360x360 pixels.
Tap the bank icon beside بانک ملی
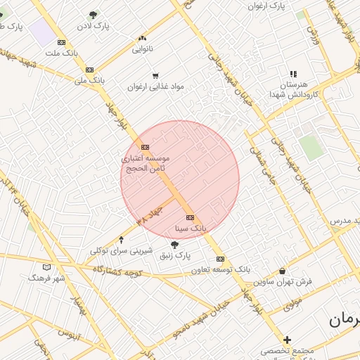[x=89, y=70]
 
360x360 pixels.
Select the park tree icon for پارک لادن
[x=92, y=14]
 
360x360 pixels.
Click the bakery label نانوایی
[x=141, y=49]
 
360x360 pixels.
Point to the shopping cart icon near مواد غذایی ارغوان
[x=155, y=75]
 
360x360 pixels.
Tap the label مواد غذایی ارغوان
[x=155, y=86]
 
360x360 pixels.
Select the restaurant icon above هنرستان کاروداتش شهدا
[x=293, y=73]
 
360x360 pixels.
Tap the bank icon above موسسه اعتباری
[x=145, y=147]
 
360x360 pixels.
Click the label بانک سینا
[x=191, y=229]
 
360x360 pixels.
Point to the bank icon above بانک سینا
[x=190, y=218]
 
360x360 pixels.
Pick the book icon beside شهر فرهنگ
[x=47, y=267]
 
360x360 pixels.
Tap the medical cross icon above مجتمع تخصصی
[x=287, y=340]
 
